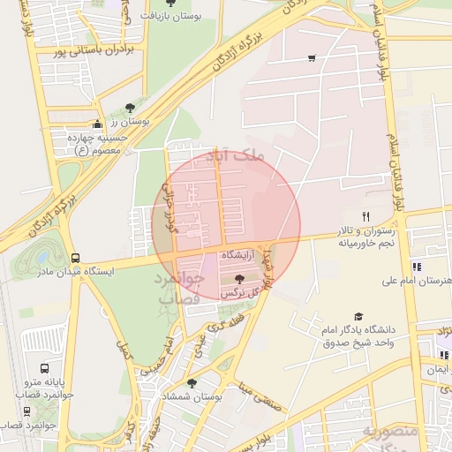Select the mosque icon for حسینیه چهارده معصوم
(96, 124)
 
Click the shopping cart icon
(312, 58)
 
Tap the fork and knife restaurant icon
(365, 216)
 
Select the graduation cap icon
(358, 316)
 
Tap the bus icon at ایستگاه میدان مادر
(74, 257)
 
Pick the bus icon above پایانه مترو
(45, 368)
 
